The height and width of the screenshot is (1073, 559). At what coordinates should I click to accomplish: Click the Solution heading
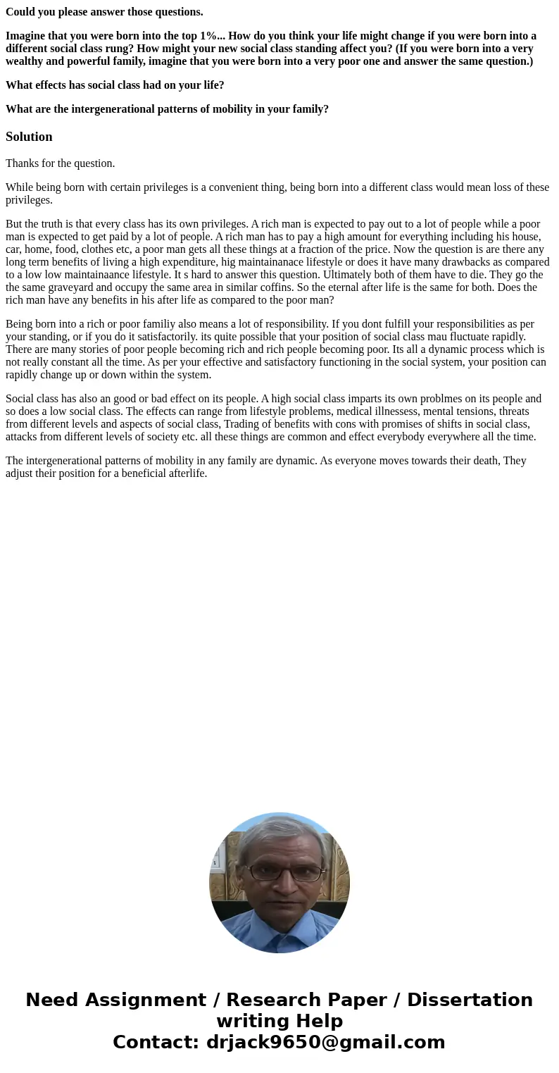click(29, 137)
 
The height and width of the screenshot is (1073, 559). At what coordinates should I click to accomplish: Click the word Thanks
click(23, 163)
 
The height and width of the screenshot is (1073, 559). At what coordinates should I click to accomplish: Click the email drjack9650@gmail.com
click(325, 1042)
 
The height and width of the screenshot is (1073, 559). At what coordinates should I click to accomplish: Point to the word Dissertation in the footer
click(470, 1000)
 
